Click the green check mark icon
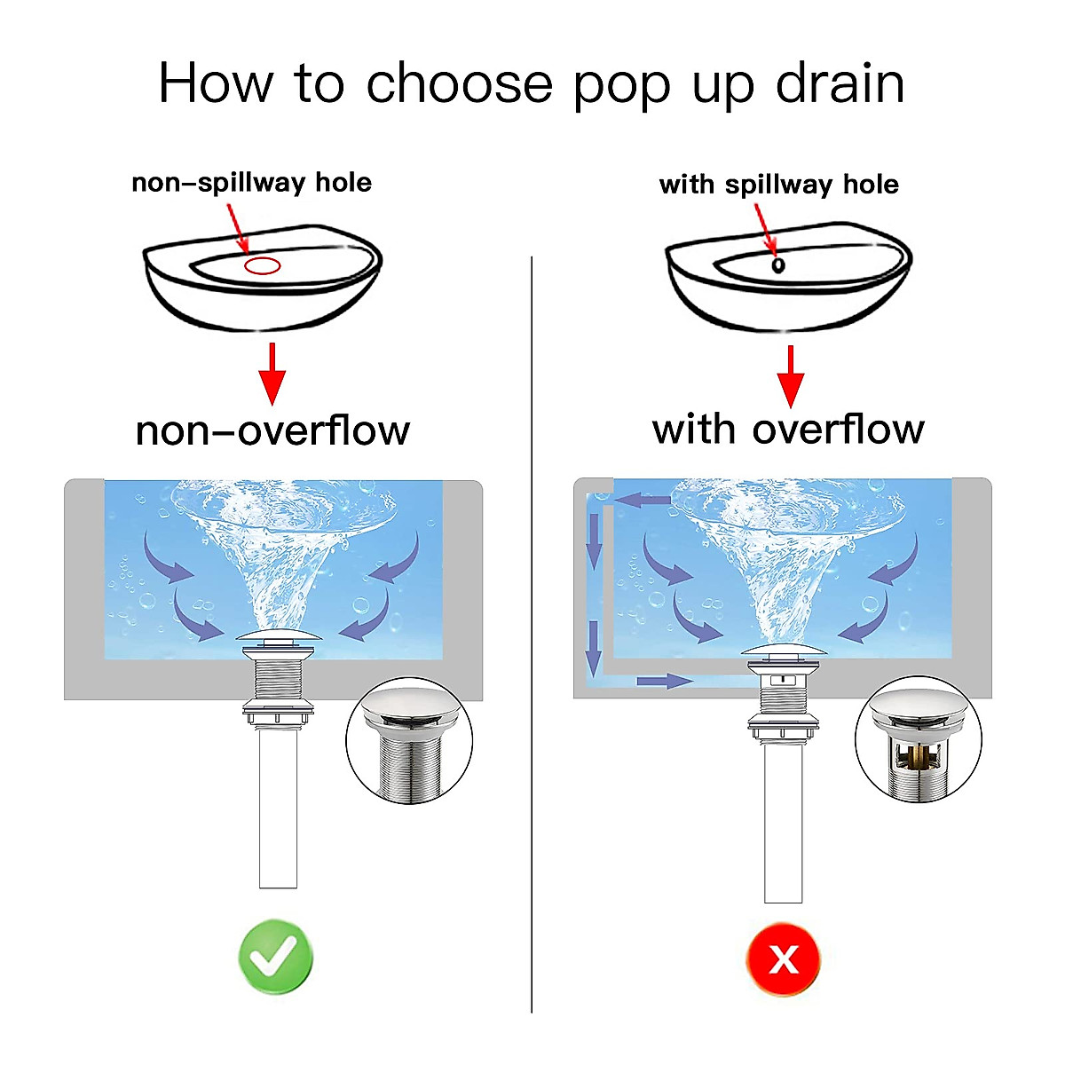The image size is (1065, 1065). click(x=276, y=957)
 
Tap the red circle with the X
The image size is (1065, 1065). click(x=784, y=958)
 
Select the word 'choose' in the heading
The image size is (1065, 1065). click(x=459, y=84)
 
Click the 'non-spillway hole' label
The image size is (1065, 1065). click(x=251, y=183)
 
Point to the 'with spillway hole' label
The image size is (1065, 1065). click(x=778, y=185)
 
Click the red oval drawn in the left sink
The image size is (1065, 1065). click(x=263, y=264)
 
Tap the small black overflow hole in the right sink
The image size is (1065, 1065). click(x=778, y=264)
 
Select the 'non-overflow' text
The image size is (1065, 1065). click(x=272, y=431)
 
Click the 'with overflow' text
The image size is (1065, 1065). click(x=787, y=430)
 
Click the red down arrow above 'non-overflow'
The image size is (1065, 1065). click(x=272, y=374)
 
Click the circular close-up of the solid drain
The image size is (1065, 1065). click(x=409, y=741)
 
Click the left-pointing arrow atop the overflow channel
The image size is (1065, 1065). click(x=643, y=501)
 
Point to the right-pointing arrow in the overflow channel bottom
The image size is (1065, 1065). click(x=665, y=681)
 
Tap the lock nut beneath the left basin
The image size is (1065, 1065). click(x=278, y=709)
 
